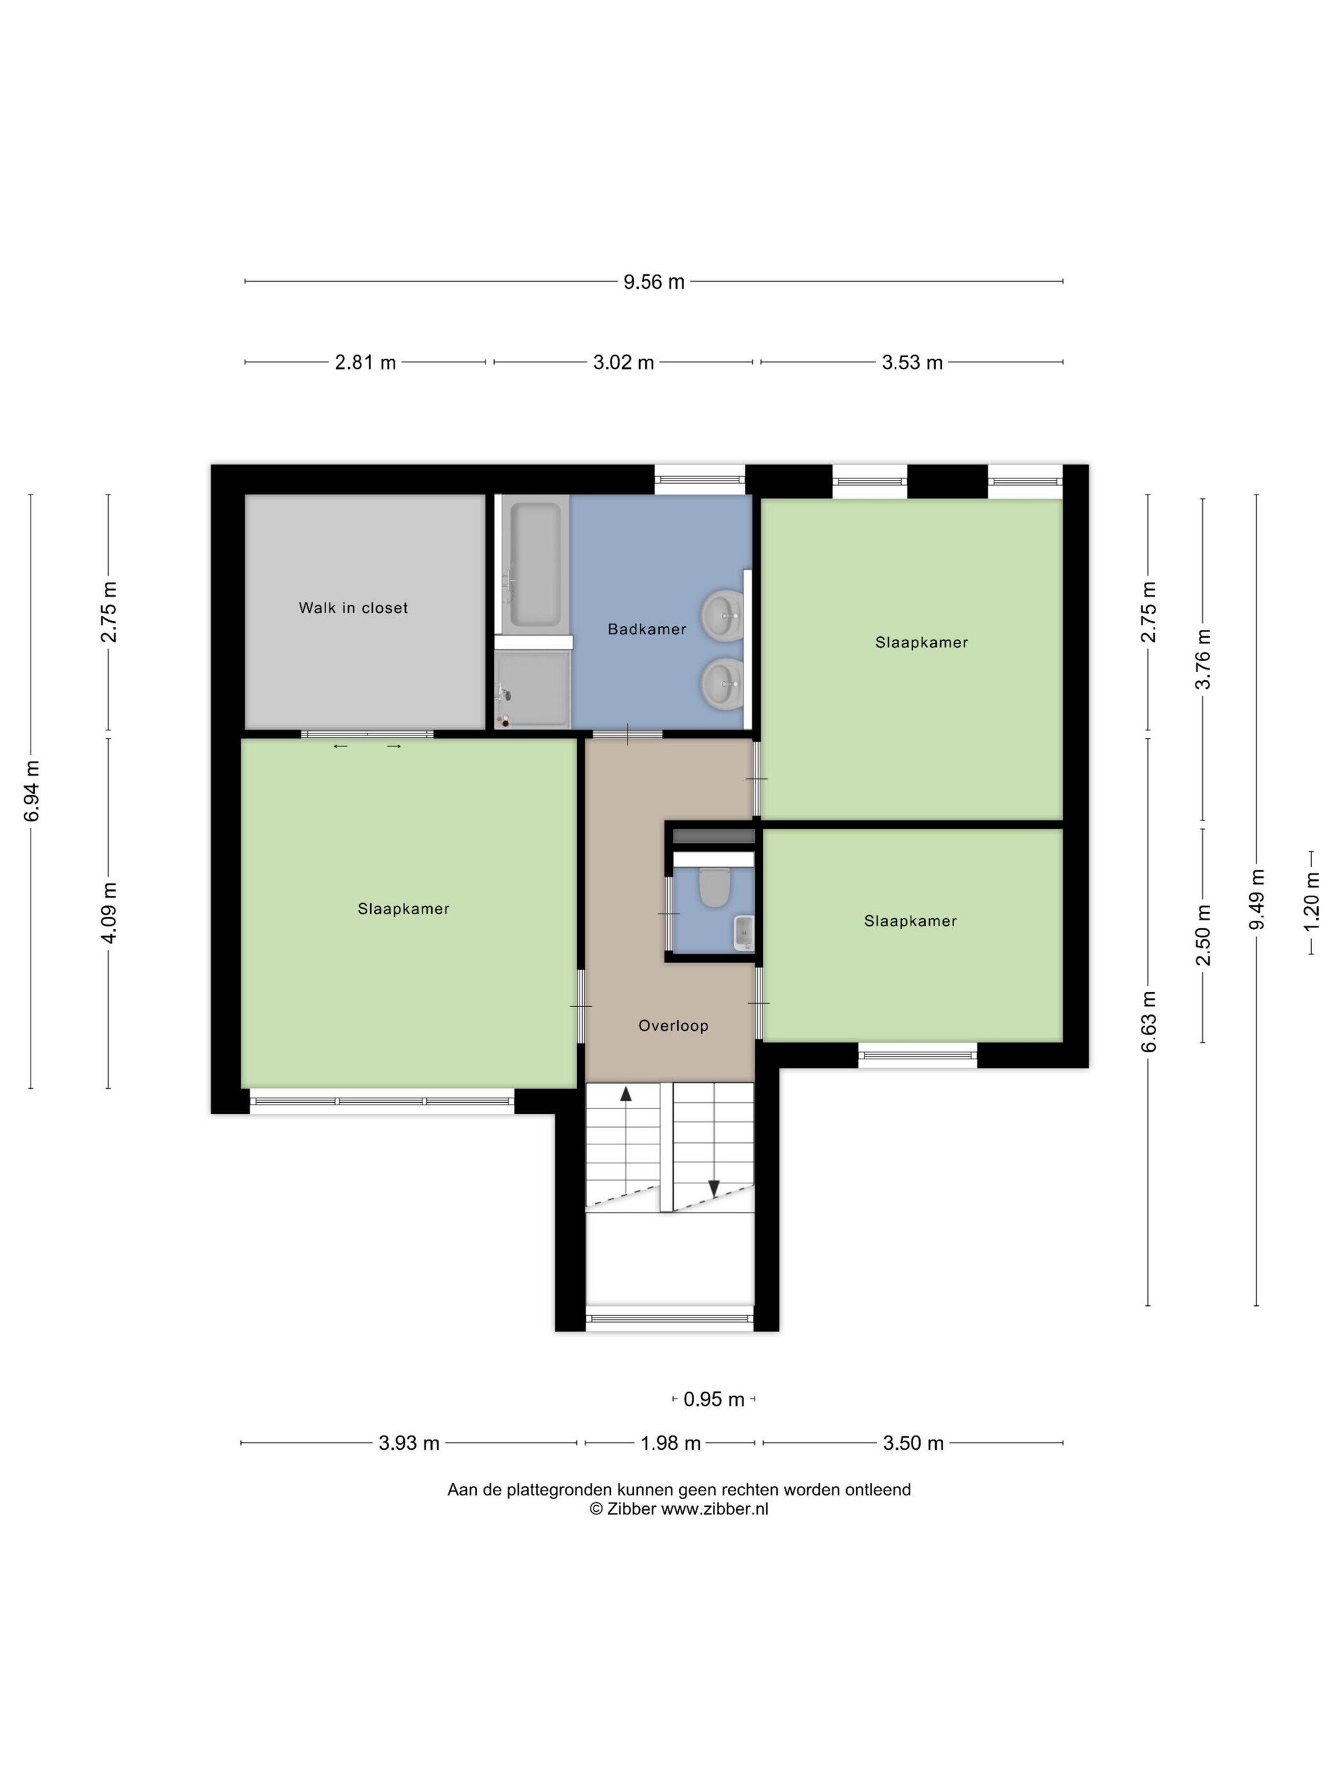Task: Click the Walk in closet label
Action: pos(353,608)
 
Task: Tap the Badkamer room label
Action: pos(646,629)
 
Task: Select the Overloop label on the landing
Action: pos(673,1025)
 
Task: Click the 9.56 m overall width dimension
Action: pos(654,282)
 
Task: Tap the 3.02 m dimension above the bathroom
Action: pos(623,362)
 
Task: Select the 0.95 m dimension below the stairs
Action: pos(713,1399)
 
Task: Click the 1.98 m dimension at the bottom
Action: pos(670,1443)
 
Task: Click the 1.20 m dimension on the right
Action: pos(1311,900)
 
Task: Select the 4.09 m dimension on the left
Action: pos(109,912)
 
